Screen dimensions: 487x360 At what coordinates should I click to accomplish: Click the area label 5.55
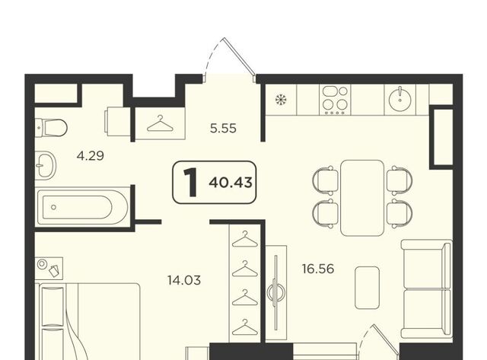(x=223, y=128)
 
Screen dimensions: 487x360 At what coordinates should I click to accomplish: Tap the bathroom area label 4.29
(x=90, y=155)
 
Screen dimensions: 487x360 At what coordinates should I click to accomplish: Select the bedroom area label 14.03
(x=184, y=280)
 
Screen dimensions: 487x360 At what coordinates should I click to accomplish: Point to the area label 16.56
(x=318, y=269)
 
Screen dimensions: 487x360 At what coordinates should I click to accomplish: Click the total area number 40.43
(x=231, y=183)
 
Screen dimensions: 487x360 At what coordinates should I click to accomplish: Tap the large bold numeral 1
(x=190, y=182)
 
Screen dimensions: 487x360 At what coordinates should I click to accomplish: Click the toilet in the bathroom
(x=51, y=128)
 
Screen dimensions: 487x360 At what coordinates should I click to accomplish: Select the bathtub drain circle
(x=54, y=207)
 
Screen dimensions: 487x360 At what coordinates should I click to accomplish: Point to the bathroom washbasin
(x=46, y=165)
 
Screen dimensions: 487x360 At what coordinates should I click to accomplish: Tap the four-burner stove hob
(x=335, y=100)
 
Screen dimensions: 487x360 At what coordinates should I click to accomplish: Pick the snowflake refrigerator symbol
(x=281, y=100)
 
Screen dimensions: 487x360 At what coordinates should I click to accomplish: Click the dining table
(x=362, y=198)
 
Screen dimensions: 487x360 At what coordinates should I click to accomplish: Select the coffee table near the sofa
(x=367, y=288)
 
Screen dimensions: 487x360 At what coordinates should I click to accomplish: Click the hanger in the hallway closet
(x=160, y=123)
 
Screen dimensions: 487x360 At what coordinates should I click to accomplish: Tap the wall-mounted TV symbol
(x=275, y=292)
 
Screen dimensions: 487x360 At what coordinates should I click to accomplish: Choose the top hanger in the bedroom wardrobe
(x=245, y=239)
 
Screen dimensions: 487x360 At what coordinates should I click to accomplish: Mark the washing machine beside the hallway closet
(x=118, y=122)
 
